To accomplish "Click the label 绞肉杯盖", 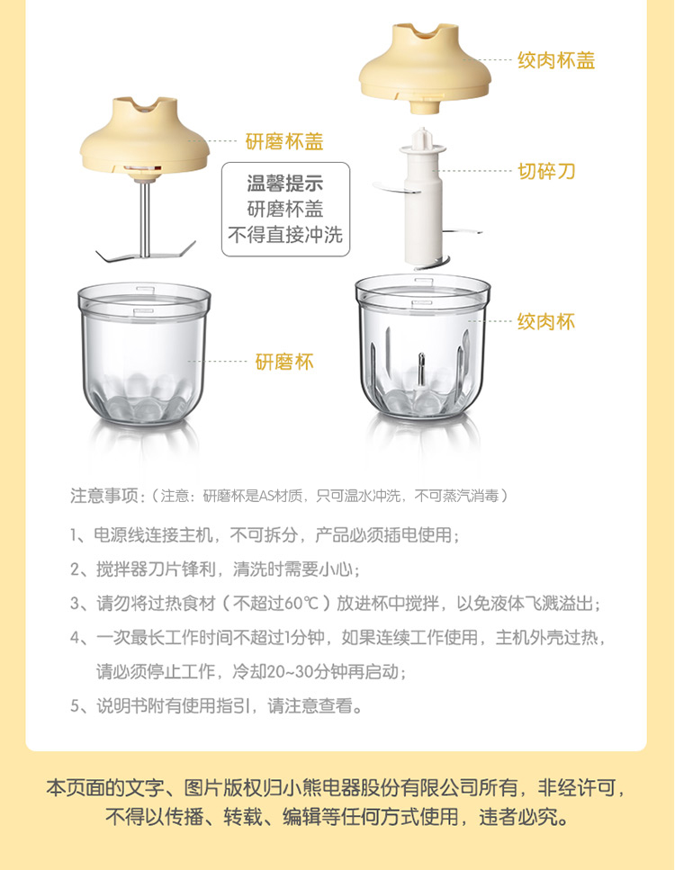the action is tap(556, 60).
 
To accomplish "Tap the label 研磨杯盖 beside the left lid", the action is tap(284, 141).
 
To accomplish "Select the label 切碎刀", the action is tap(547, 172).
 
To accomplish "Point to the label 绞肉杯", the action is tap(546, 322).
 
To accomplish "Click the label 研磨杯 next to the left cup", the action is tap(284, 363).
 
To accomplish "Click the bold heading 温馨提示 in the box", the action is tap(285, 184).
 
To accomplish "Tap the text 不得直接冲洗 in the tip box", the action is tap(285, 235).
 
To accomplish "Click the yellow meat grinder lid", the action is tap(425, 67).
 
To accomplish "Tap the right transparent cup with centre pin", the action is tap(423, 346).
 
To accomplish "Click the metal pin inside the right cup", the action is tap(421, 372).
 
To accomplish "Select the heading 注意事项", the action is tap(103, 496).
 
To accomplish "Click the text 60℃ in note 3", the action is tap(301, 603).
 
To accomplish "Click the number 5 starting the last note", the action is tap(76, 705).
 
